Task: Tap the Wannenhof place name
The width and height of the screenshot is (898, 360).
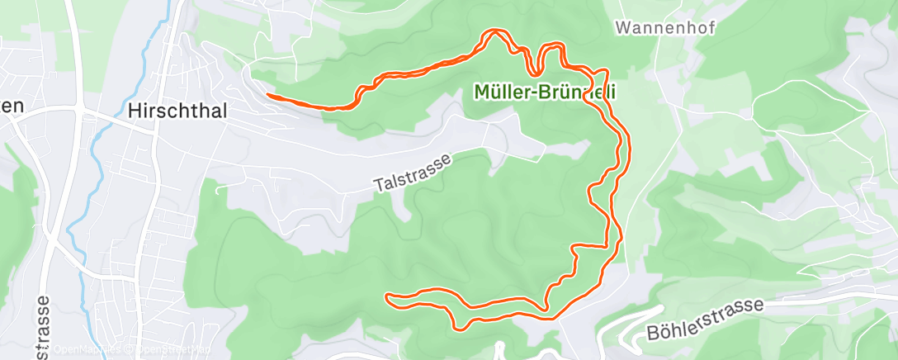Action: [665, 27]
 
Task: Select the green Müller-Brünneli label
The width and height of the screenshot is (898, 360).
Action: [546, 92]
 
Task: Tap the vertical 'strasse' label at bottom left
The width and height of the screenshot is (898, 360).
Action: [42, 327]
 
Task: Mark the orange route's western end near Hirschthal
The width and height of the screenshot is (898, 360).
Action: [268, 95]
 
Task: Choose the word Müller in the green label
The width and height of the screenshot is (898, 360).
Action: [501, 92]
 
